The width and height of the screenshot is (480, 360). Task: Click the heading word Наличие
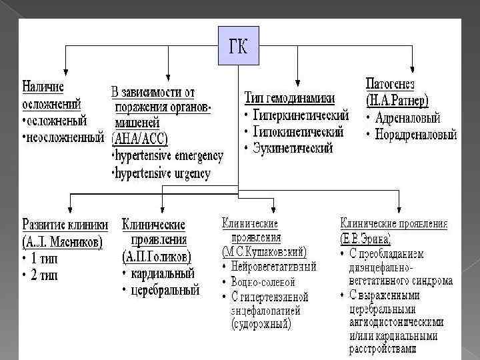click(x=43, y=87)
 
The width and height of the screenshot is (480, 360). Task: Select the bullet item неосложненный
click(x=65, y=138)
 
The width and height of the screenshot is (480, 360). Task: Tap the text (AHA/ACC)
click(x=141, y=139)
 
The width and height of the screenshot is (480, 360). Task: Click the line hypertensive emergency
click(x=167, y=156)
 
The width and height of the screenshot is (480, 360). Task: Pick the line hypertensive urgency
click(x=163, y=174)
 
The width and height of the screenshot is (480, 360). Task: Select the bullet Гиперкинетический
click(x=301, y=115)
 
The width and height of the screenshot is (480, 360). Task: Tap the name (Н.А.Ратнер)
click(x=400, y=100)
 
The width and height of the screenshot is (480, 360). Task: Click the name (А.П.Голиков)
click(x=156, y=257)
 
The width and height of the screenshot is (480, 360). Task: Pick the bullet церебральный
click(x=165, y=290)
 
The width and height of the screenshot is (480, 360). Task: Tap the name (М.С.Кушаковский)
click(x=264, y=251)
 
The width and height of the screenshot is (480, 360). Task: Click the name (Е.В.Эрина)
click(x=365, y=237)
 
